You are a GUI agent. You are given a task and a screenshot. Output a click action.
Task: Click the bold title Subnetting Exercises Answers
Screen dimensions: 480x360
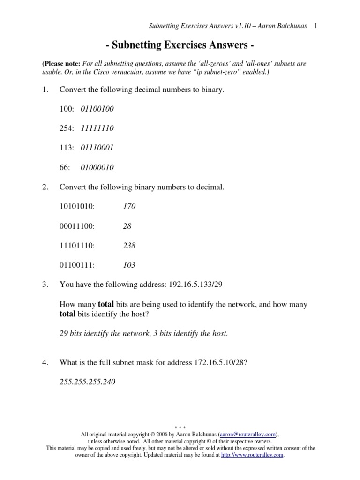click(180, 46)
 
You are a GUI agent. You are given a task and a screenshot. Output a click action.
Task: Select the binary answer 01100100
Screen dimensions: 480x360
click(97, 109)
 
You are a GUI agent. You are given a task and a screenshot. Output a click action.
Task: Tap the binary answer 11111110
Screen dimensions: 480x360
click(97, 128)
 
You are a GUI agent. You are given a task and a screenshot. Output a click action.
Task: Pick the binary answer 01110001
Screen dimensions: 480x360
click(97, 148)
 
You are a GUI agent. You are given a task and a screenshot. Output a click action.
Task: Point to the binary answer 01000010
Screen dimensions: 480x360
click(97, 167)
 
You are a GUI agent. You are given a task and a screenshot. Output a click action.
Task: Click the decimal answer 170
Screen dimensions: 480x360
click(129, 206)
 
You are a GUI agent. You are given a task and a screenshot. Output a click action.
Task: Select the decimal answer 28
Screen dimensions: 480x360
click(127, 226)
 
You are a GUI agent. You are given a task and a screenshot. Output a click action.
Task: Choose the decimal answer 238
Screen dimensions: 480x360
click(129, 245)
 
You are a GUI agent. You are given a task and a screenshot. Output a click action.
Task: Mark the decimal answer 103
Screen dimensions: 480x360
click(129, 265)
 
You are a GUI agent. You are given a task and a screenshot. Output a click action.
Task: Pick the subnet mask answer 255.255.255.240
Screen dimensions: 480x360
click(87, 382)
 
